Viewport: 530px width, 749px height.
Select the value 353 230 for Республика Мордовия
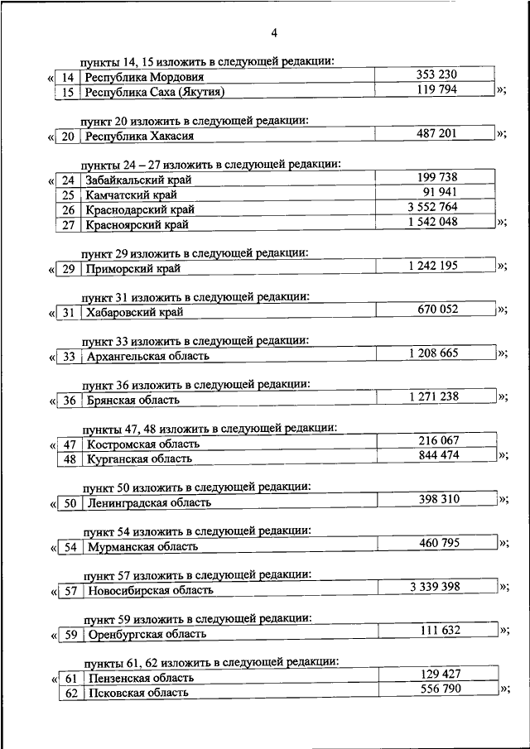(436, 75)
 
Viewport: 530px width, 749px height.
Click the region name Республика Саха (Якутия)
(155, 92)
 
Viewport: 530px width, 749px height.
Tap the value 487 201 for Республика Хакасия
(436, 133)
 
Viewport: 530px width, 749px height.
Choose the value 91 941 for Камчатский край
(436, 192)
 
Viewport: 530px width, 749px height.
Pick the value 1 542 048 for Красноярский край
(436, 221)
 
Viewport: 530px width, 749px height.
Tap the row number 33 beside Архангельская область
(70, 357)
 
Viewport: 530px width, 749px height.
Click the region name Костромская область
(143, 444)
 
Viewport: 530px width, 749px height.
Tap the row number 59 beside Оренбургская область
(71, 635)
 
